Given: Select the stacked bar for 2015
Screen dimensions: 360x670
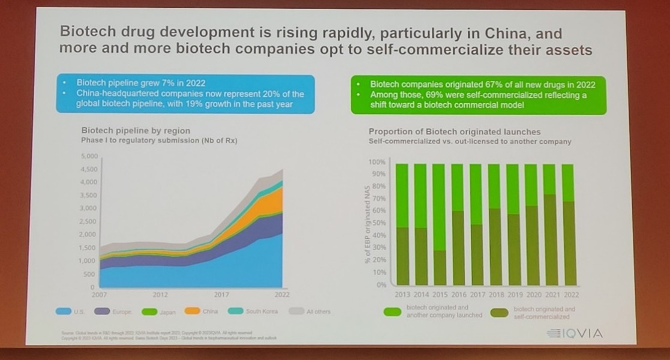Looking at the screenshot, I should coord(439,224).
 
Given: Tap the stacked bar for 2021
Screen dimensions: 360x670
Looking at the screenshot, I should coord(549,224).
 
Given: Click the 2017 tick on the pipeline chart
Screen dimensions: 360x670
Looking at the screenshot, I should coord(221,295).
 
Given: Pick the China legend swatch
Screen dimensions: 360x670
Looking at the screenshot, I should coord(191,311).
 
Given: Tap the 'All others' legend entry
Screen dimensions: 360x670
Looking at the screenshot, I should coord(309,311).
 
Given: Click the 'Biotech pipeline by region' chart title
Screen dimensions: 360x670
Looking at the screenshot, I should coord(135,130).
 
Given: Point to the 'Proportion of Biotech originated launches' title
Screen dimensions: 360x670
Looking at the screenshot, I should coord(454,131).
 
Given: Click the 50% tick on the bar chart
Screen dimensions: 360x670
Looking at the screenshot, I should coord(378,223).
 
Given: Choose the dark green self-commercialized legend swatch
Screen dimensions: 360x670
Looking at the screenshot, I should coord(500,312).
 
